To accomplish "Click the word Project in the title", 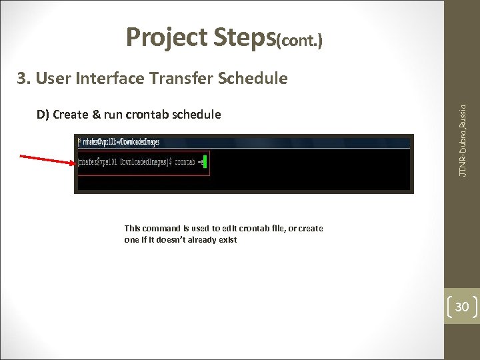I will coord(167,38).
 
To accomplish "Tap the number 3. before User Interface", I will coord(24,79).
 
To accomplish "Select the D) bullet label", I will coord(43,114).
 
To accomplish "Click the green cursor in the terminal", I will coord(206,162).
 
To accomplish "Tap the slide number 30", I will coord(462,307).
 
